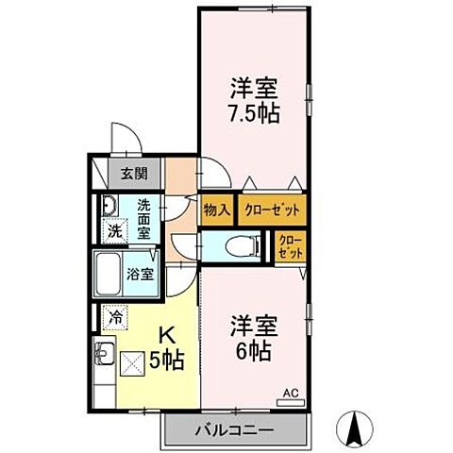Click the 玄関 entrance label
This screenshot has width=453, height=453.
pyautogui.click(x=134, y=173)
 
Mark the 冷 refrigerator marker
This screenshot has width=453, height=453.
pyautogui.click(x=115, y=320)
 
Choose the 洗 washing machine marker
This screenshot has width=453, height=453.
pyautogui.click(x=110, y=229)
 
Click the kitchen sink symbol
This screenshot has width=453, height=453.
pyautogui.click(x=103, y=358)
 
